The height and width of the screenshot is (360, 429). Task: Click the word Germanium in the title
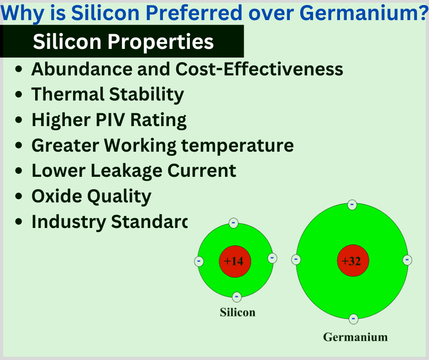click(x=360, y=13)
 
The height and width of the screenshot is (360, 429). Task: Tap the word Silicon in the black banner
click(x=67, y=42)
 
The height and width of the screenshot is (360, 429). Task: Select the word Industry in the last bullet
click(x=68, y=222)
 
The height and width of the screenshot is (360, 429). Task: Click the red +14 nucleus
click(x=235, y=261)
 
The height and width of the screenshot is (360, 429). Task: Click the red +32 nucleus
click(x=352, y=261)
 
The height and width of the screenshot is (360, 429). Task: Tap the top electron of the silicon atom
click(x=234, y=223)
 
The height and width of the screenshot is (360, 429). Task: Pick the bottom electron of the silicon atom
click(x=236, y=297)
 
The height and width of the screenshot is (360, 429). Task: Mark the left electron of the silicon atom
click(x=199, y=262)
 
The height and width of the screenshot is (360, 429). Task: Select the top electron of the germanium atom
click(x=352, y=205)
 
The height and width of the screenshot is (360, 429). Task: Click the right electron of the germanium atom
click(x=408, y=260)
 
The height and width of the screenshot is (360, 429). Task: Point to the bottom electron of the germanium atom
click(x=353, y=318)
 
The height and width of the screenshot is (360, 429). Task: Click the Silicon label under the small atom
click(x=237, y=312)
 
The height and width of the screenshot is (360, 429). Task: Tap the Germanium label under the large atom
click(x=355, y=337)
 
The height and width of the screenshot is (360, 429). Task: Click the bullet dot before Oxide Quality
click(x=19, y=196)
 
